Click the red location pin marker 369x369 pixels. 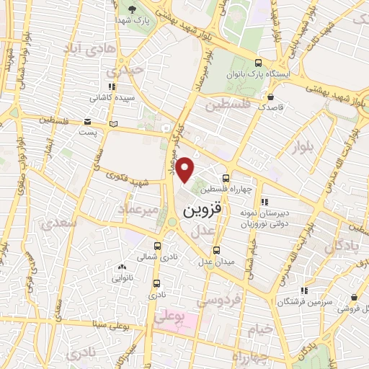click(x=186, y=169)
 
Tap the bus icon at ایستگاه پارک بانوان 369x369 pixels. click(x=258, y=63)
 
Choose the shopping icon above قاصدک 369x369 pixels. click(x=270, y=97)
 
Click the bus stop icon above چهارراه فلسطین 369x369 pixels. click(x=226, y=177)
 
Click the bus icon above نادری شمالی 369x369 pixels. click(x=157, y=245)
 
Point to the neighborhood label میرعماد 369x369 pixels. click(x=138, y=208)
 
